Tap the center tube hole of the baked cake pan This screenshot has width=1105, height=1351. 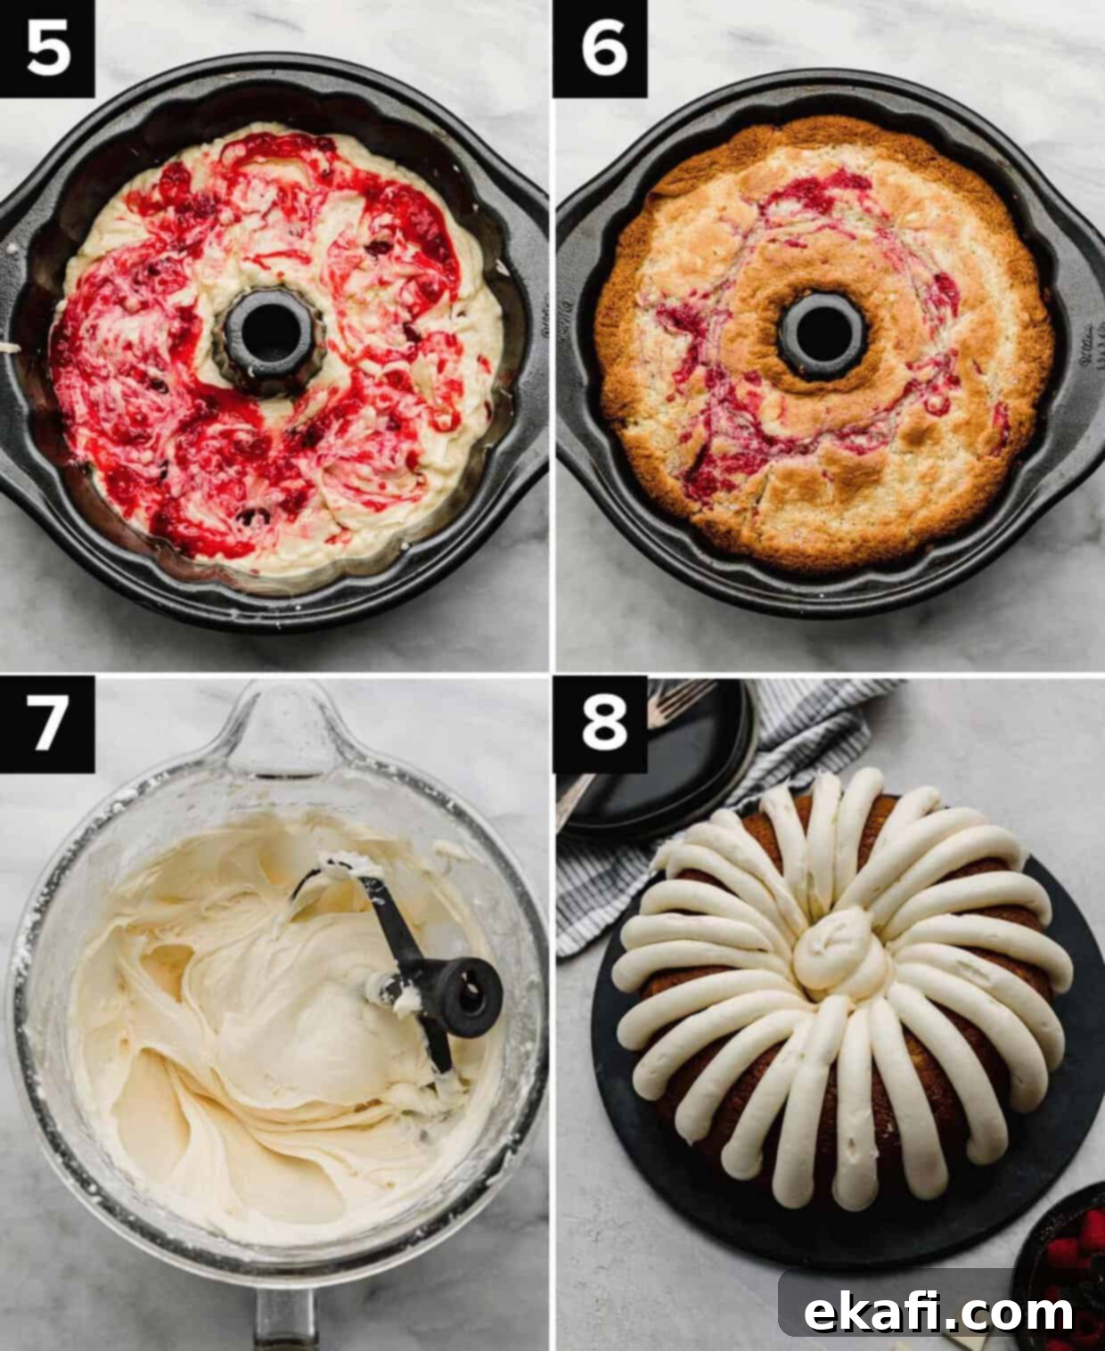tap(823, 336)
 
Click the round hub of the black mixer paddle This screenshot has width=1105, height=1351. tap(468, 996)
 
